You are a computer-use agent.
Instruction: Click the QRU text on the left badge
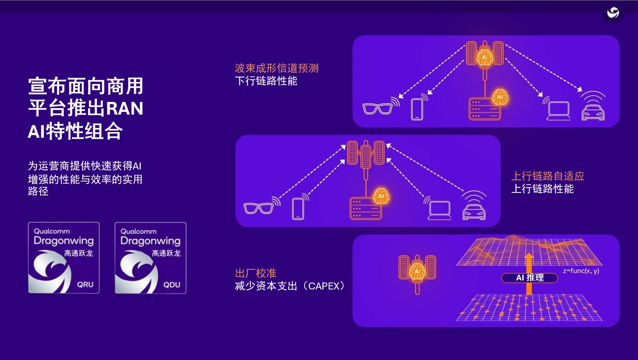coord(85,284)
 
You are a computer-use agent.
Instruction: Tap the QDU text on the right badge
coord(172,285)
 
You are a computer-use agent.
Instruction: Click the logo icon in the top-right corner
coord(613,13)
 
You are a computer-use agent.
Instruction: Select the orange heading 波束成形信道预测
coord(276,68)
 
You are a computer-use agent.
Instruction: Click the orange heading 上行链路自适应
coord(548,176)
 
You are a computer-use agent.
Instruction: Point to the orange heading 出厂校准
coord(255,273)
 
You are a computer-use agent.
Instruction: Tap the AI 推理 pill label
coord(529,278)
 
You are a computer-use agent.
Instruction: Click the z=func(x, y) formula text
coord(581,271)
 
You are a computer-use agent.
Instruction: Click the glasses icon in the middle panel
coord(258,208)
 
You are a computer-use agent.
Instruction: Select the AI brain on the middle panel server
coord(381,196)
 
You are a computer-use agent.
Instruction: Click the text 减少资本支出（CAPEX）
coord(290,286)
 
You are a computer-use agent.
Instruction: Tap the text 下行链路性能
coord(266,81)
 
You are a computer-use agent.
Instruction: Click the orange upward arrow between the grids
coord(529,273)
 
